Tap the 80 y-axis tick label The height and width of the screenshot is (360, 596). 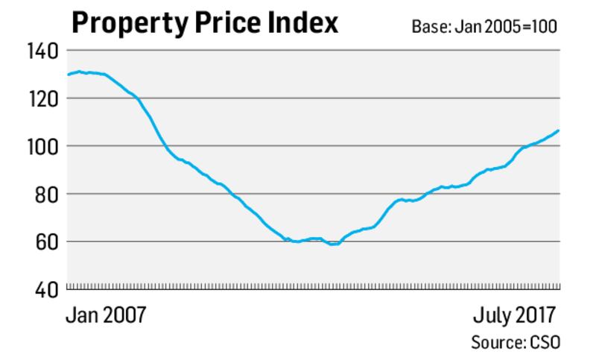click(x=49, y=194)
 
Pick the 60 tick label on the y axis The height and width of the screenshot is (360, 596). click(x=49, y=241)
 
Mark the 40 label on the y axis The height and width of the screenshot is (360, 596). click(x=49, y=289)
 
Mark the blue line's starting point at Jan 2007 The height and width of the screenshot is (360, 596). click(x=68, y=75)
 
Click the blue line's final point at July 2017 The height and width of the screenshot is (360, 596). click(x=559, y=130)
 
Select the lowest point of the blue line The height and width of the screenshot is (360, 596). click(x=333, y=244)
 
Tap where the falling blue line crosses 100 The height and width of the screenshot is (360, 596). click(x=165, y=146)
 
